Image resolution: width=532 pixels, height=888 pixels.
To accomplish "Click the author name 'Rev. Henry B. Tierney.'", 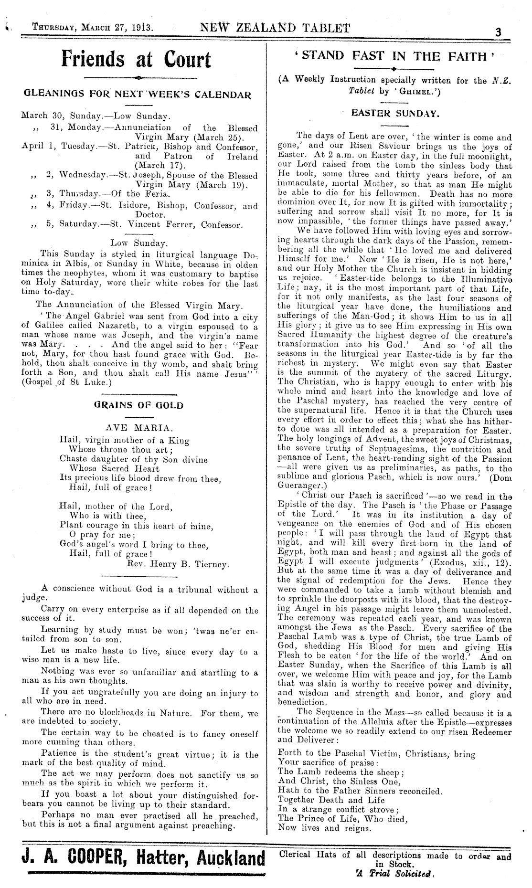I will click(x=179, y=564).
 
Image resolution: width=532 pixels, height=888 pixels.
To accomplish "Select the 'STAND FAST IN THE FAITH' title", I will click(x=393, y=56).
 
